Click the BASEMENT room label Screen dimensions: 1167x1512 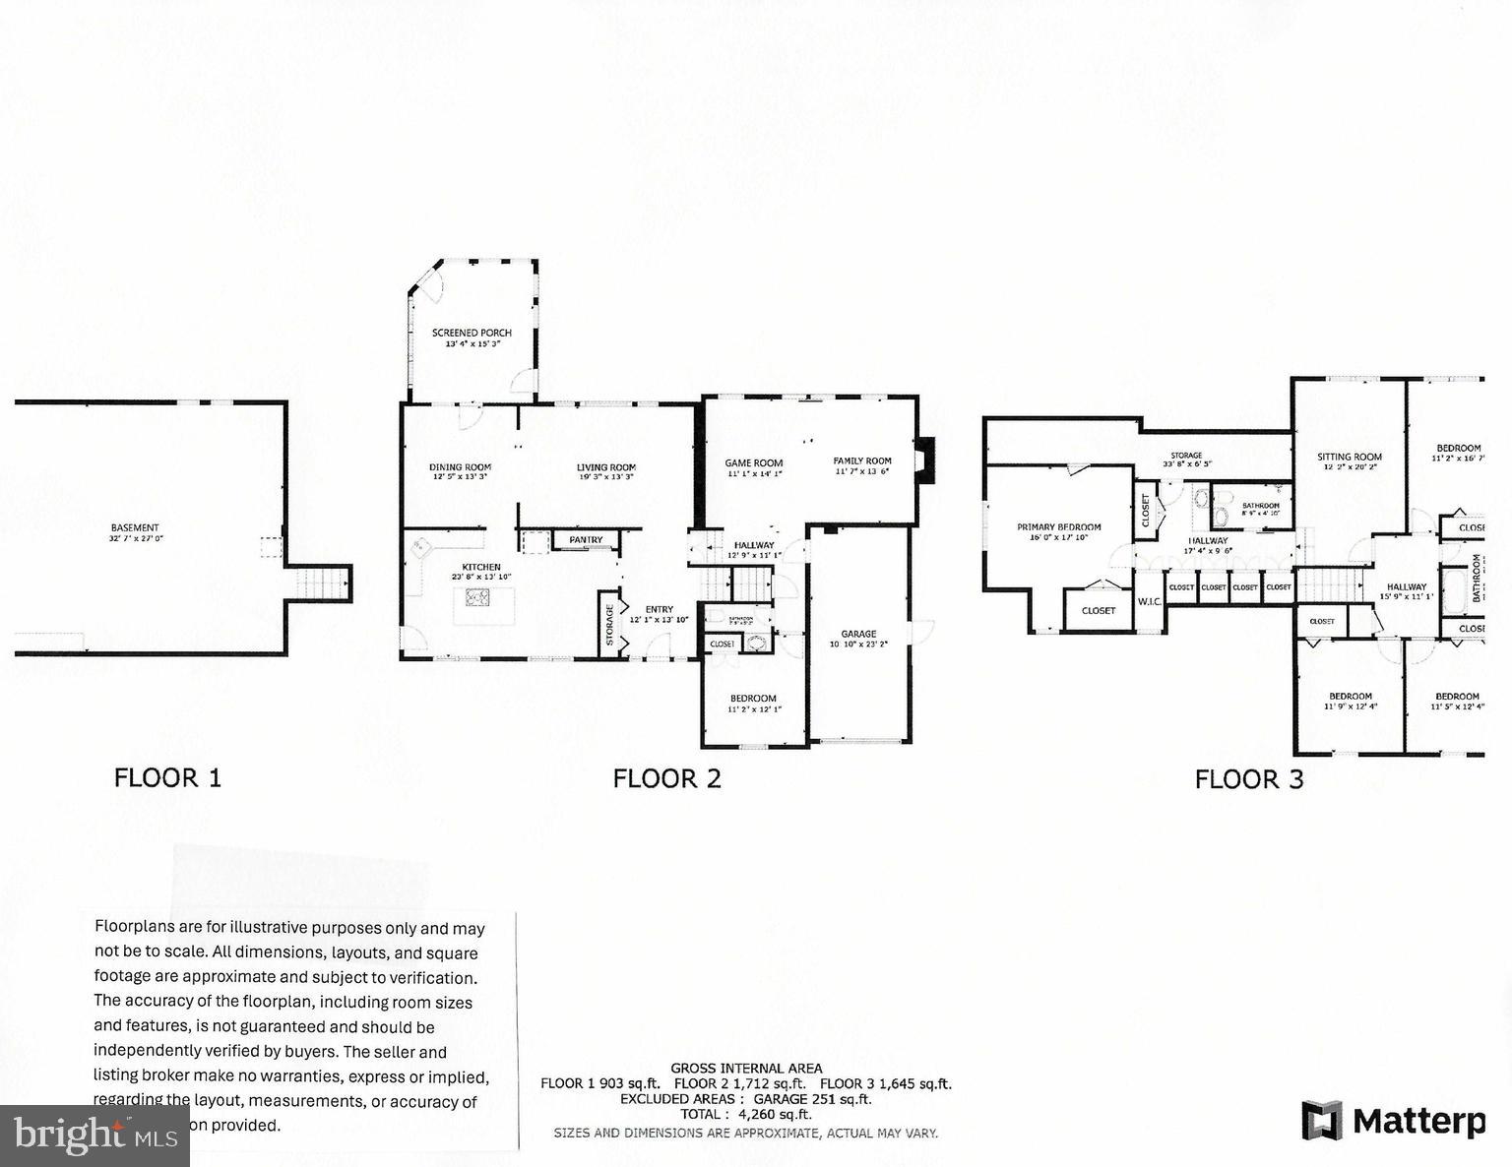pyautogui.click(x=135, y=528)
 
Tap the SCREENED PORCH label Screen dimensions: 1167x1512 pyautogui.click(x=472, y=334)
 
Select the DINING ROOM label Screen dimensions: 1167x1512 pyautogui.click(x=460, y=467)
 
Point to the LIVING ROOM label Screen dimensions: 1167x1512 pyautogui.click(x=605, y=467)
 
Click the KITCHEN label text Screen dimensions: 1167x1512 pyautogui.click(x=481, y=568)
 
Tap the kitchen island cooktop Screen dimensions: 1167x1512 pyautogui.click(x=478, y=596)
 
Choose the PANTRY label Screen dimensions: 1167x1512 pyautogui.click(x=586, y=539)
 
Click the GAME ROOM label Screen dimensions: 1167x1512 pyautogui.click(x=753, y=462)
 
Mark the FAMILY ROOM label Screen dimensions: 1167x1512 pyautogui.click(x=862, y=461)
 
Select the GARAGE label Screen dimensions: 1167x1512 pyautogui.click(x=858, y=635)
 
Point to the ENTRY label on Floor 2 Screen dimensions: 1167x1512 pyautogui.click(x=659, y=610)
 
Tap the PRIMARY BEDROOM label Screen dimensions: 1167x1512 pyautogui.click(x=1058, y=527)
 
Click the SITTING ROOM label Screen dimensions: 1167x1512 pyautogui.click(x=1350, y=457)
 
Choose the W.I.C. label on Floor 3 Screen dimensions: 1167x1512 pyautogui.click(x=1150, y=601)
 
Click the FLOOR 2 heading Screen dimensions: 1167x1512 pyautogui.click(x=666, y=778)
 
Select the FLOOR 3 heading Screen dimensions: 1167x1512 pyautogui.click(x=1248, y=780)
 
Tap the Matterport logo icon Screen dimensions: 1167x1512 pyautogui.click(x=1322, y=1121)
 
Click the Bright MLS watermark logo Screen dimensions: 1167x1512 pyautogui.click(x=94, y=1136)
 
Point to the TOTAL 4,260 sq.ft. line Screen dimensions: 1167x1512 pyautogui.click(x=746, y=1114)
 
